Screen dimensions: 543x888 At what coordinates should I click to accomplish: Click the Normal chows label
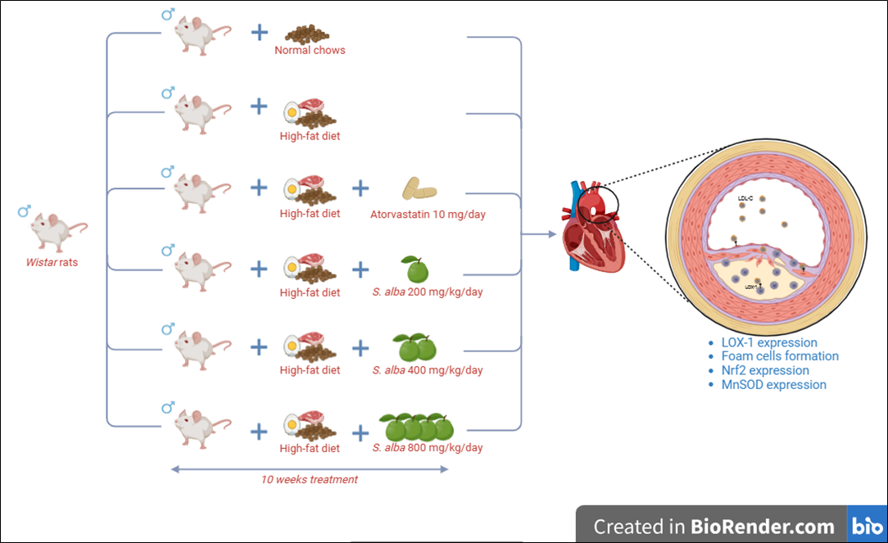tap(310, 50)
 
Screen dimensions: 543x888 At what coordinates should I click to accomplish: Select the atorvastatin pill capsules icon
tap(419, 189)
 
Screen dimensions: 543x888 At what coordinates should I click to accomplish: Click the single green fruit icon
tap(414, 269)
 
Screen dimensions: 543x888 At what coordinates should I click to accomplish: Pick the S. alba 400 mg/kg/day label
tap(428, 370)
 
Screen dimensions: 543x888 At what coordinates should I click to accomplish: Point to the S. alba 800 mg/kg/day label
tap(428, 448)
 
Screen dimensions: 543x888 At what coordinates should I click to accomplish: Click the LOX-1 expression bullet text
tap(769, 343)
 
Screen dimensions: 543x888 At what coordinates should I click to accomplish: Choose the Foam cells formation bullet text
tap(780, 356)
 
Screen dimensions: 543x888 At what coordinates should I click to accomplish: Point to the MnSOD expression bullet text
tap(773, 384)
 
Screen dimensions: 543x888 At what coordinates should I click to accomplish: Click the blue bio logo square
tap(863, 525)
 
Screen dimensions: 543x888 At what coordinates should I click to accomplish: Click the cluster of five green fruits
tap(417, 427)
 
